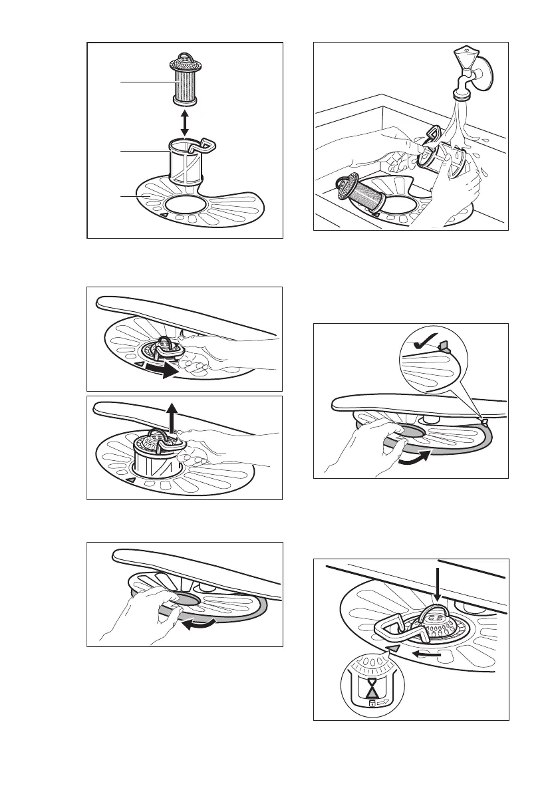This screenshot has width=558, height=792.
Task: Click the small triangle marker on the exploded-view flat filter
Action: tap(161, 215)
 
